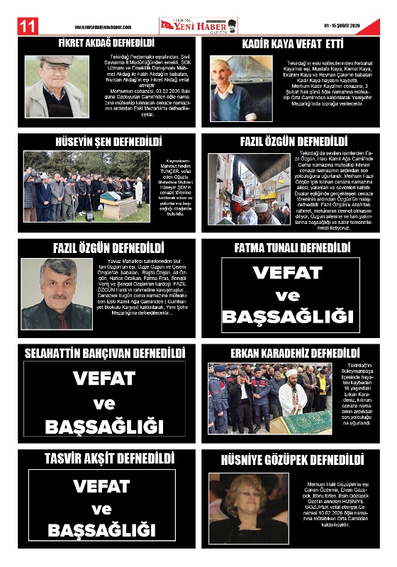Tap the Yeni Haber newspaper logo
pos(198,26)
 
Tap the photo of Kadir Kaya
pos(231,89)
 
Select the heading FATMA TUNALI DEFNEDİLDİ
pos(293,248)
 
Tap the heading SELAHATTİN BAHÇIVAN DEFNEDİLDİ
pos(105,353)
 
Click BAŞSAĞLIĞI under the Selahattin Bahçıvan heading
pos(104,427)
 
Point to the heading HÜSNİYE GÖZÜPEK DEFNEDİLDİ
pos(293,459)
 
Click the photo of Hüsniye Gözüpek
pos(249,507)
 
